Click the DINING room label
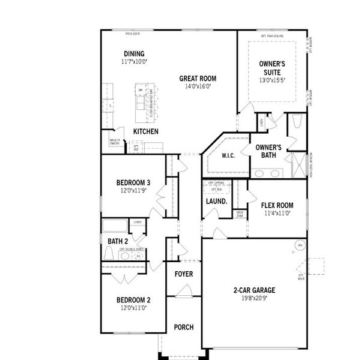coord(134,53)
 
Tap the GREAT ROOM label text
coord(198,78)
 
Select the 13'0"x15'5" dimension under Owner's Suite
coord(272,80)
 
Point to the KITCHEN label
coord(146,131)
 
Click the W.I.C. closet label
coord(228,156)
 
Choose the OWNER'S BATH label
coord(268,151)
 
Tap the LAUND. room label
coord(216,202)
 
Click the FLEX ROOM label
coord(277,205)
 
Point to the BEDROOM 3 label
coord(133,183)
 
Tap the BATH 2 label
coord(117,242)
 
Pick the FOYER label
coord(183,274)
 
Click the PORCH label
coord(183,327)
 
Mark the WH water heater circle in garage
coord(299,245)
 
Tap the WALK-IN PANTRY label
coord(114,142)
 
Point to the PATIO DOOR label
coord(132,34)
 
